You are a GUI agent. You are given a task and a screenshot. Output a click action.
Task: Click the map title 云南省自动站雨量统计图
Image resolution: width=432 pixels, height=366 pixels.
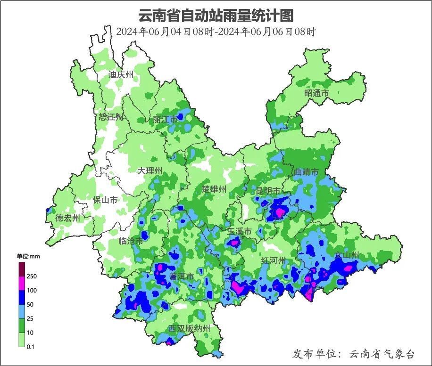tap(216, 15)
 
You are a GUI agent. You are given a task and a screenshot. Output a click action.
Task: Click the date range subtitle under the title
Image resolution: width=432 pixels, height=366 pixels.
tap(216, 32)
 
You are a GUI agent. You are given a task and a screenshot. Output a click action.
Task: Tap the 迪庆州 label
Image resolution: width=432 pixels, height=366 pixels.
tap(121, 74)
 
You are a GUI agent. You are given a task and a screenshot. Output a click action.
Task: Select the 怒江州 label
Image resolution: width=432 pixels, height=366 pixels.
tap(111, 117)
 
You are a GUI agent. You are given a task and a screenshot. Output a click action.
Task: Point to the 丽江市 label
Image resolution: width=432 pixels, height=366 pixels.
tap(165, 120)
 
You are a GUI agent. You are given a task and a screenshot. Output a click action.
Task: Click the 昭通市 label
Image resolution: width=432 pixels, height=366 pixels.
tap(316, 93)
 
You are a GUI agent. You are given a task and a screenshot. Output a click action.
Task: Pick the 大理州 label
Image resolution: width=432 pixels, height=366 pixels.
tap(150, 171)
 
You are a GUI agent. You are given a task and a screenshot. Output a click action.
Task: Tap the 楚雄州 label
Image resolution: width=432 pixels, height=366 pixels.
tap(214, 189)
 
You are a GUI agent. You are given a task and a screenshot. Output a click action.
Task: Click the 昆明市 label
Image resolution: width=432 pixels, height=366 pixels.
tap(268, 191)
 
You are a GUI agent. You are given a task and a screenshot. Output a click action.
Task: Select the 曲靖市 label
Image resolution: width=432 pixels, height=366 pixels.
tap(306, 172)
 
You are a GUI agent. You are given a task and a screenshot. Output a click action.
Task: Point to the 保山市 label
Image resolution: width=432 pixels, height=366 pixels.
tap(105, 200)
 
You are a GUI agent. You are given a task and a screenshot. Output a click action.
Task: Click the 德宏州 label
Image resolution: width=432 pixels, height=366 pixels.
tap(68, 218)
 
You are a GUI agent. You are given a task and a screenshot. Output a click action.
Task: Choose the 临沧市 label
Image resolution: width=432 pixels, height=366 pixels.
tap(131, 241)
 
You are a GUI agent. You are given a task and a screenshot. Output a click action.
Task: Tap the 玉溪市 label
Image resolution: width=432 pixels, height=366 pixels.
tap(240, 232)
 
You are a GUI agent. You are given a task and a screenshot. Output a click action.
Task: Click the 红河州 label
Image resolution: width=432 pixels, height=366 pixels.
tap(274, 260)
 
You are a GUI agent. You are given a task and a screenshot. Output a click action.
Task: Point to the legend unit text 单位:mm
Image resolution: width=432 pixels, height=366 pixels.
tap(29, 256)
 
